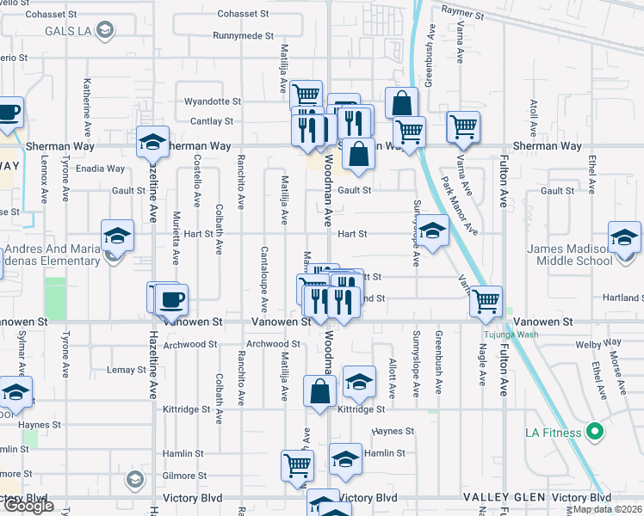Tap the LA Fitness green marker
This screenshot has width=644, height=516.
point(593,431)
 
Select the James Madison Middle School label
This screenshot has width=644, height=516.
point(569,255)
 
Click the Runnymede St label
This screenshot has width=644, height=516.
point(245,37)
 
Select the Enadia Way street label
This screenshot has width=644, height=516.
point(101,169)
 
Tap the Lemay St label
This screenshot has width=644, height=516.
point(121,370)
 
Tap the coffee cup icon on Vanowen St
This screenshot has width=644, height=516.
point(172,299)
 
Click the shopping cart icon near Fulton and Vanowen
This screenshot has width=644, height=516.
point(486,301)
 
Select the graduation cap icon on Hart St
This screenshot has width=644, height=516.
point(433,230)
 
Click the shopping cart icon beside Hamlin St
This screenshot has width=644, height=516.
point(297,465)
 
